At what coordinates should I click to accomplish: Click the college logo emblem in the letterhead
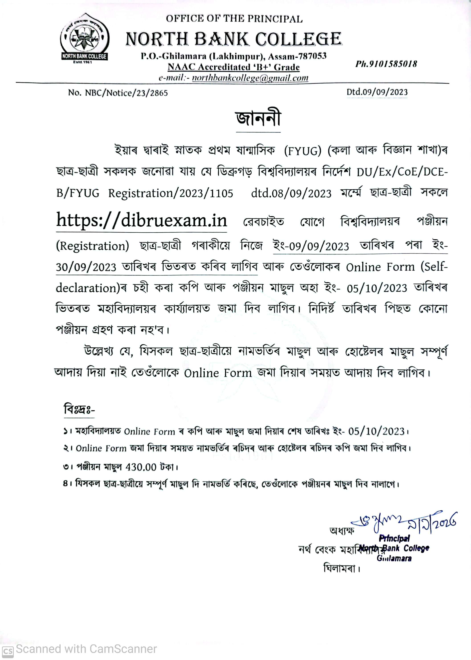point(84,38)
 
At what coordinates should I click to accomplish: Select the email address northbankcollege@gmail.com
point(250,78)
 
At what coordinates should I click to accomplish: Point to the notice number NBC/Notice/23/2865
point(126,93)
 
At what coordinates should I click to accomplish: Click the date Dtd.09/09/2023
point(377,92)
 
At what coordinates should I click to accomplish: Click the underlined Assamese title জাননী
point(258,119)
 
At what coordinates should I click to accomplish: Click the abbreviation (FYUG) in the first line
point(302,151)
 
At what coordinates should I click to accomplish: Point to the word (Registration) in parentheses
point(92,246)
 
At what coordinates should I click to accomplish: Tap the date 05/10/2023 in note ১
point(376,431)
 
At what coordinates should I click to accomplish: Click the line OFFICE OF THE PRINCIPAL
point(234,19)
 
